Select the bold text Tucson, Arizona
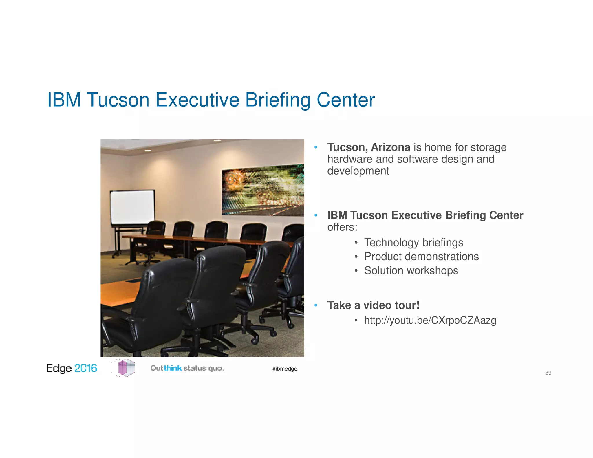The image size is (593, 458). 369,147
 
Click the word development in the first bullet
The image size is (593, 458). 358,171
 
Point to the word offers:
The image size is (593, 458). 342,227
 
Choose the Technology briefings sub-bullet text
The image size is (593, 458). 413,243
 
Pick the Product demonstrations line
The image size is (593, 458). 421,257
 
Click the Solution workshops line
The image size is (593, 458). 411,271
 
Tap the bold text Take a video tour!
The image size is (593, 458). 373,305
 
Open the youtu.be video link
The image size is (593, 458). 430,320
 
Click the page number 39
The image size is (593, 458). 548,373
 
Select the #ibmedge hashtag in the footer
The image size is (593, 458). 285,369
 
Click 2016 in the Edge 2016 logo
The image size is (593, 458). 86,368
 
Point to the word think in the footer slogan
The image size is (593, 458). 173,368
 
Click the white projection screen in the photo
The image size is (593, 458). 132,207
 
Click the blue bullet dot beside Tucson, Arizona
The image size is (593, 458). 316,147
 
